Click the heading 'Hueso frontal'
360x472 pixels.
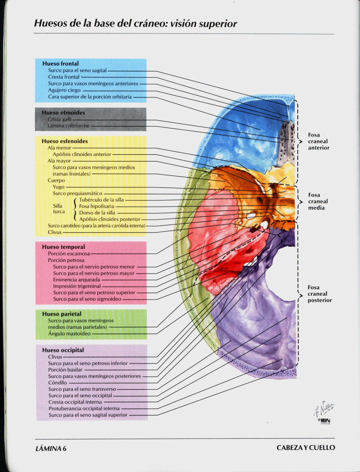60,64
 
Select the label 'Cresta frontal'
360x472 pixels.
64,77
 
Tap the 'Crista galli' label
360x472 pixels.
60,119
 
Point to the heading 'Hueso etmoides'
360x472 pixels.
63,113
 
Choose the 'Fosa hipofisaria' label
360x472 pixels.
98,206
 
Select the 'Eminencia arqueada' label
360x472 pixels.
77,280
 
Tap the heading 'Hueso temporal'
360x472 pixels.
63,247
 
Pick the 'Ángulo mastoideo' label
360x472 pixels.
69,333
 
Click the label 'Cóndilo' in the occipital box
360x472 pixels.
57,382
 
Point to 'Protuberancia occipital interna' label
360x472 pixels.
84,408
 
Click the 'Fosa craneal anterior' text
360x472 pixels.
318,142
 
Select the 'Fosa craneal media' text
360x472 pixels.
318,202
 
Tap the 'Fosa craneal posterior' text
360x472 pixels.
319,294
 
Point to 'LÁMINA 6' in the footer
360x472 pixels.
50,448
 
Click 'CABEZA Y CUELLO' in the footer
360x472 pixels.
305,448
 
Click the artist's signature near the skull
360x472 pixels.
324,409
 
